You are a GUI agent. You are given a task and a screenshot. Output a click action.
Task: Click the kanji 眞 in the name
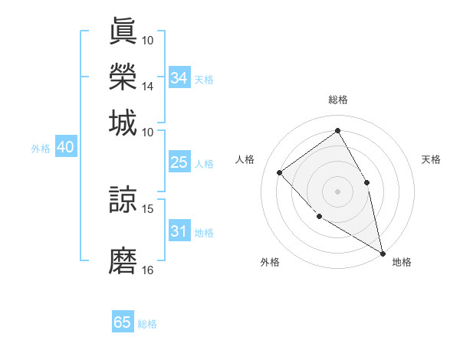click(x=123, y=31)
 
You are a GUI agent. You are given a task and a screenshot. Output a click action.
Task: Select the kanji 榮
click(x=123, y=77)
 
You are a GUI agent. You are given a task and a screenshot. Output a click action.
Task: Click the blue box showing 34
click(x=179, y=78)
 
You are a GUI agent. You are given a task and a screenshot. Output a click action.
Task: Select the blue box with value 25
click(x=179, y=162)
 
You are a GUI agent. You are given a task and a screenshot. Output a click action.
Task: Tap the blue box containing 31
click(x=179, y=231)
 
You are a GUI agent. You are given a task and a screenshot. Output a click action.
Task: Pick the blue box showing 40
click(x=65, y=148)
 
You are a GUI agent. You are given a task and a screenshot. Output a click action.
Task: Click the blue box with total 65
click(x=123, y=322)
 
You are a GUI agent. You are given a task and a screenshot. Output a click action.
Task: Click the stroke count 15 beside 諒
click(x=148, y=208)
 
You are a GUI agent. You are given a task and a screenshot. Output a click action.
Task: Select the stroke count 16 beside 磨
click(x=148, y=270)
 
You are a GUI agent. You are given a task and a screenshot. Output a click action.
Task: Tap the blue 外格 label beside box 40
click(x=41, y=149)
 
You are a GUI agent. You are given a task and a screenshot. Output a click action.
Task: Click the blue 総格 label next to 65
click(x=147, y=324)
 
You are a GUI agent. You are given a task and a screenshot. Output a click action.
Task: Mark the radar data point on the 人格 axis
click(x=280, y=172)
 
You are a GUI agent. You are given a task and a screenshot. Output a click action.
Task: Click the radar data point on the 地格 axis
click(x=382, y=254)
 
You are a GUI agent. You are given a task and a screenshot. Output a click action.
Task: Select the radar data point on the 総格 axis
click(x=337, y=131)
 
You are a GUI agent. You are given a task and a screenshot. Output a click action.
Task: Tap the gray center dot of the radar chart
click(x=337, y=191)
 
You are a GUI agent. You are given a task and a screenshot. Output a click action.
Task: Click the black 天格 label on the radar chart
click(x=431, y=159)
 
